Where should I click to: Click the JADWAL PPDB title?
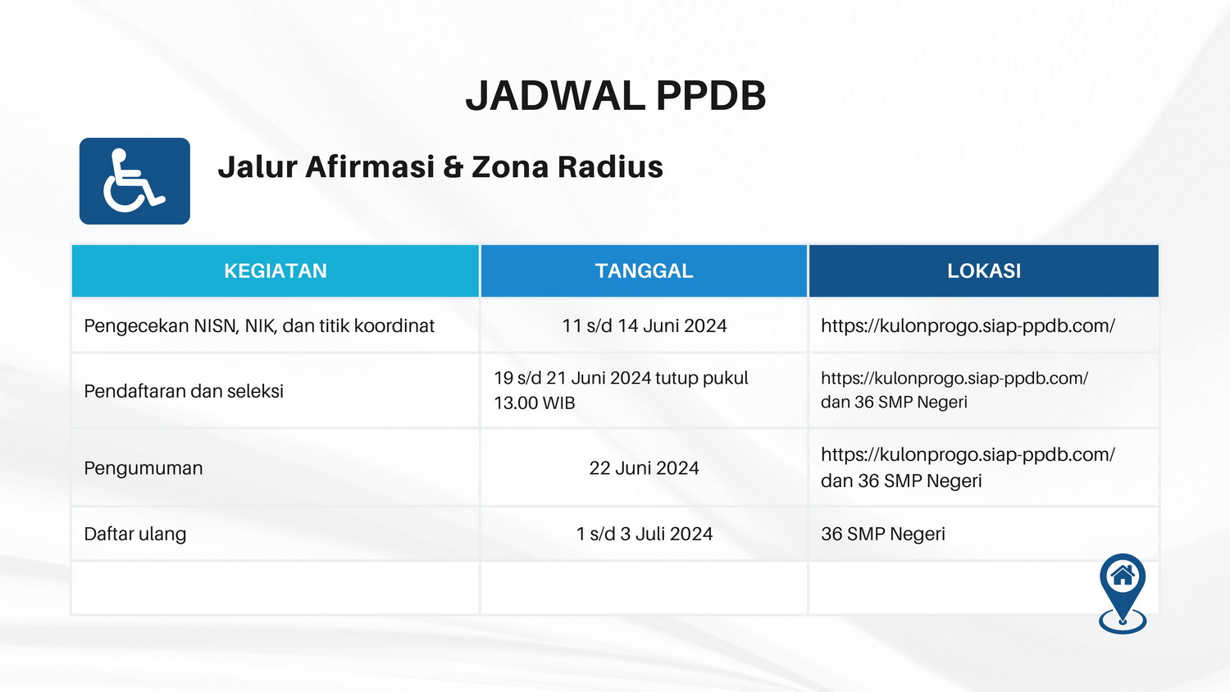(616, 96)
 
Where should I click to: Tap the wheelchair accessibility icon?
(134, 180)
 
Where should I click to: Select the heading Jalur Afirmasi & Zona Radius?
(440, 166)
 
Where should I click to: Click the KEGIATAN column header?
(276, 271)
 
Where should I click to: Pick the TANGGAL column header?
(644, 271)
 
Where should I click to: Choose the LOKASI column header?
(984, 271)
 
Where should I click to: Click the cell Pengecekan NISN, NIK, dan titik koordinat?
(259, 326)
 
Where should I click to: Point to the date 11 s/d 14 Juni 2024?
(644, 326)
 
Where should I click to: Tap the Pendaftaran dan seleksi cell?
(184, 391)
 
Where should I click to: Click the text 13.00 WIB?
(535, 403)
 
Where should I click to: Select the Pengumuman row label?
(143, 468)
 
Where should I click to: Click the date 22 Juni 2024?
(644, 468)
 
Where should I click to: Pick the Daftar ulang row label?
(135, 534)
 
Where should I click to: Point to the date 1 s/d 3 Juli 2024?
(644, 534)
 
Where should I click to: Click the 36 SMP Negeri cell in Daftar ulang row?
(883, 534)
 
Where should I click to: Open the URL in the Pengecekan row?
(968, 326)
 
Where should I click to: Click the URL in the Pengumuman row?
(968, 455)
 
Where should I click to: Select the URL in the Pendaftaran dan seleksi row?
(954, 379)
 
